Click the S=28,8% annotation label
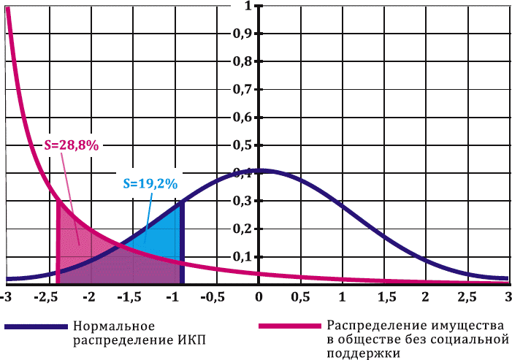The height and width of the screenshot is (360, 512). [x=71, y=145]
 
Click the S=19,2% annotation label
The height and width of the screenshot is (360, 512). [x=150, y=184]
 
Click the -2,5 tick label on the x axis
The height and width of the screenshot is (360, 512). [x=48, y=297]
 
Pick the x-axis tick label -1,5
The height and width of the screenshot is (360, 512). [x=131, y=297]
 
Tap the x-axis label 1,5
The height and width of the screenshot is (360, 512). [x=384, y=297]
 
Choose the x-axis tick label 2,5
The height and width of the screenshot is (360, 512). [x=467, y=297]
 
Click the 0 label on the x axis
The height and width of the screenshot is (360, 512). [x=259, y=297]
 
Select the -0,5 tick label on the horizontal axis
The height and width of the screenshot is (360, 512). [x=215, y=297]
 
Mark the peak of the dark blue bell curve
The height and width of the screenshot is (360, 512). [x=259, y=170]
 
